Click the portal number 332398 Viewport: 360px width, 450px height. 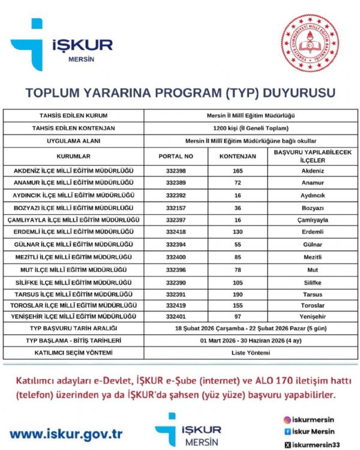pos(175,171)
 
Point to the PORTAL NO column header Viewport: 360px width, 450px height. pos(175,156)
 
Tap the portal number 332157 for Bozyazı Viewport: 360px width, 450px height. pos(175,208)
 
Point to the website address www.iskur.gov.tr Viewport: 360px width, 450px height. pos(66,433)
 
